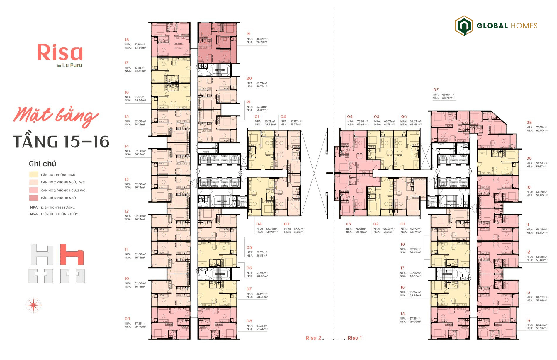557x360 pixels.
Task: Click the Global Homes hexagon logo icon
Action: coord(464,26)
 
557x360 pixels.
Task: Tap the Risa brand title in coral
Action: coord(60,52)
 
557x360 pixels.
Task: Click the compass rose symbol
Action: coord(34,305)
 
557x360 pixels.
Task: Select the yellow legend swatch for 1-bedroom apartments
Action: coord(33,175)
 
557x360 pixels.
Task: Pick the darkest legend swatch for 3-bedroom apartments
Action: coord(33,198)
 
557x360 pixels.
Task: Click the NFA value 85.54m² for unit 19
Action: coord(262,39)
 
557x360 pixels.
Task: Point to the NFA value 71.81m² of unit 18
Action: coord(140,45)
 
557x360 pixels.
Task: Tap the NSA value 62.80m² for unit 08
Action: coord(542,130)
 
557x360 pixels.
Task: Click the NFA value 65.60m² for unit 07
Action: coord(448,94)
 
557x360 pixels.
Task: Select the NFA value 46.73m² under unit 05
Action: coord(389,121)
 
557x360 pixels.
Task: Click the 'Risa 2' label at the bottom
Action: coord(313,338)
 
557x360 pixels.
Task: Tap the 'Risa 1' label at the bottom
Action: coord(355,338)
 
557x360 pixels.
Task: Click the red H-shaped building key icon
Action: coord(72,254)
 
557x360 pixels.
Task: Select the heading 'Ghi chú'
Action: coord(43,164)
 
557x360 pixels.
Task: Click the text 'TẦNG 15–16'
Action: coord(61,142)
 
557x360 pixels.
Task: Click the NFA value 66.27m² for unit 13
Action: coord(541,297)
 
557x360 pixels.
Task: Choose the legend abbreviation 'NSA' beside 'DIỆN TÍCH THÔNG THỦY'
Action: coord(34,214)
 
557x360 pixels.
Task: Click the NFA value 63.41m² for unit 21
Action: coord(261,107)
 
